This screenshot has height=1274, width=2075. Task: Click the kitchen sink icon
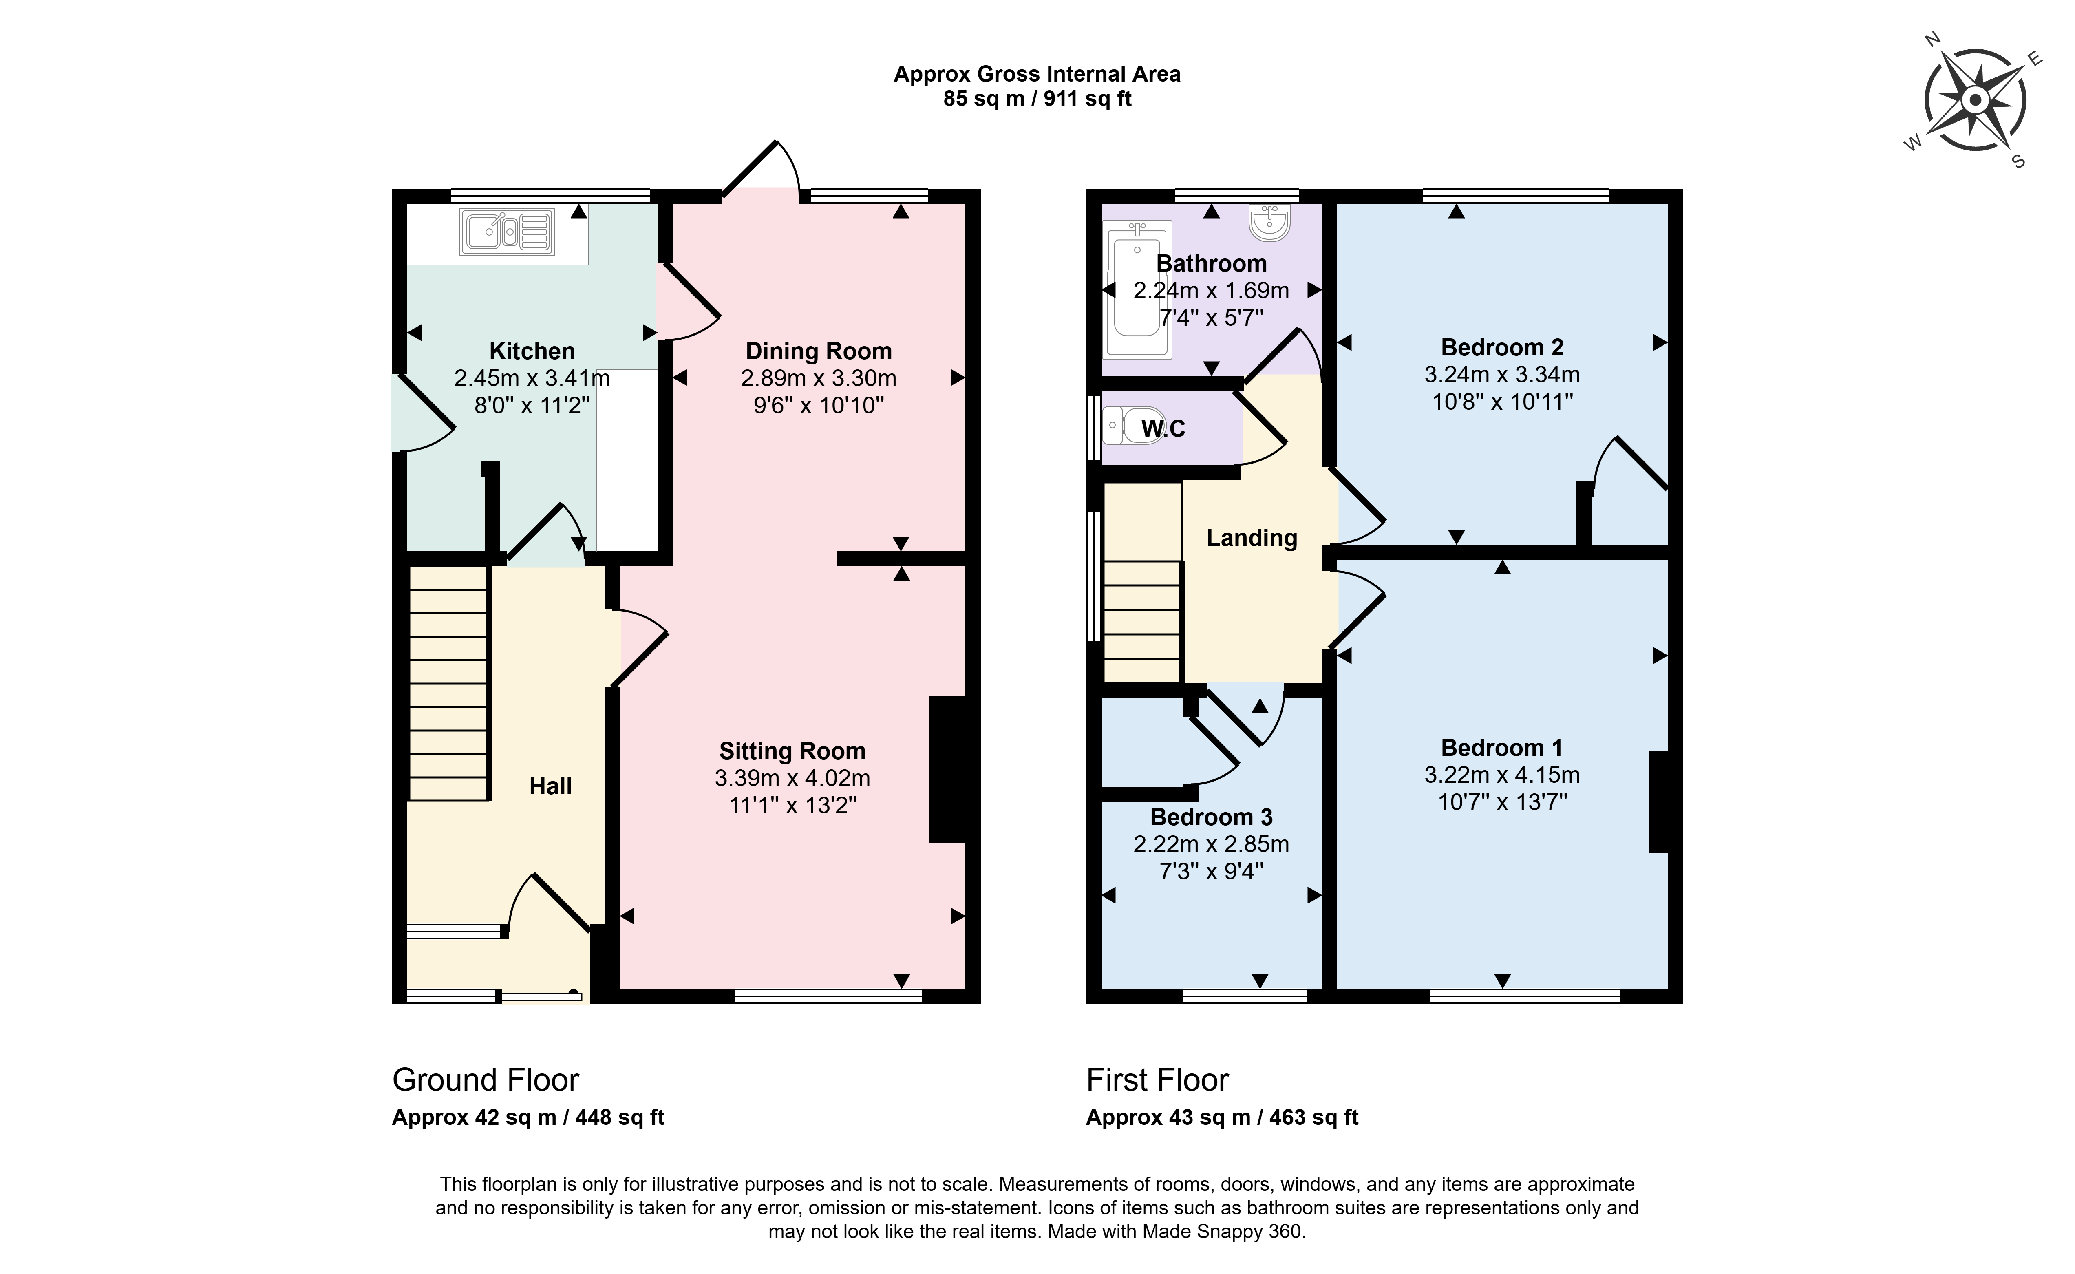pos(507,232)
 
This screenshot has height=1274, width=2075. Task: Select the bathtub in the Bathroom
pos(1137,290)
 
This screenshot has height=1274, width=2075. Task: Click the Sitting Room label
pos(792,751)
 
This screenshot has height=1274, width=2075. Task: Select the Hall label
pos(550,786)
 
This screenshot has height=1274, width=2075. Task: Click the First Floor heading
pos(1157,1080)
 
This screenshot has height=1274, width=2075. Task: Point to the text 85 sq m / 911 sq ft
pos(1037,99)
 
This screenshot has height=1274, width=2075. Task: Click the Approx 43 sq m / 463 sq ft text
pos(1223,1117)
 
